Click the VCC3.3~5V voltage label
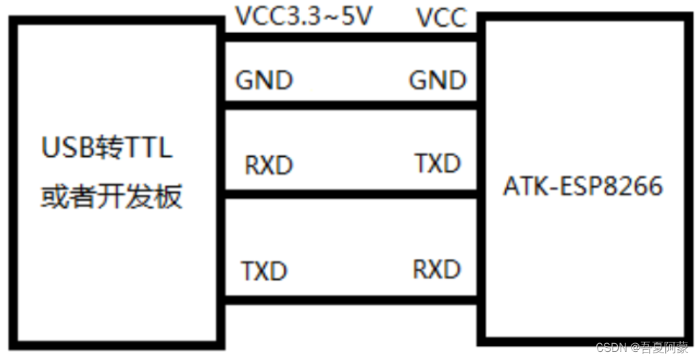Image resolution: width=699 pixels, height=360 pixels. pyautogui.click(x=303, y=16)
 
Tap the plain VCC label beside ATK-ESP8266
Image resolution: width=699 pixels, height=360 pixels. pyautogui.click(x=441, y=18)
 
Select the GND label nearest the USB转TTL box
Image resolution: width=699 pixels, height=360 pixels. pyautogui.click(x=263, y=81)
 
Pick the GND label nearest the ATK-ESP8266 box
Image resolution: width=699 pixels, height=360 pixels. pyautogui.click(x=438, y=81)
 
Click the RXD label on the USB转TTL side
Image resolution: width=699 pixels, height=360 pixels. pyautogui.click(x=268, y=165)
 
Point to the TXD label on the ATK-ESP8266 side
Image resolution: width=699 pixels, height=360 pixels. pyautogui.click(x=438, y=163)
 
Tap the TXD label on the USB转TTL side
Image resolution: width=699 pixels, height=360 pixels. pyautogui.click(x=264, y=272)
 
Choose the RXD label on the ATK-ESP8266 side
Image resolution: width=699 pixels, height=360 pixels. pyautogui.click(x=437, y=269)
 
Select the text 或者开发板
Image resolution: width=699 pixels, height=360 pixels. pyautogui.click(x=111, y=197)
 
